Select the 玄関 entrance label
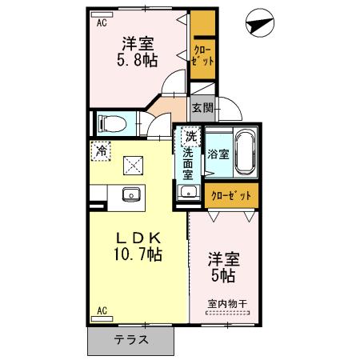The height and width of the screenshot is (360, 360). click(x=202, y=107)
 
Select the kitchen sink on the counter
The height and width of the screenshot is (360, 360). click(x=130, y=194)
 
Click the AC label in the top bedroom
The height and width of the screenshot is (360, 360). click(x=102, y=24)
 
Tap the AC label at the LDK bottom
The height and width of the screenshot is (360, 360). click(x=102, y=309)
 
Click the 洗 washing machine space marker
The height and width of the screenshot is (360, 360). click(x=190, y=136)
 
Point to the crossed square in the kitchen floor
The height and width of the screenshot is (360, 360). click(x=130, y=166)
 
